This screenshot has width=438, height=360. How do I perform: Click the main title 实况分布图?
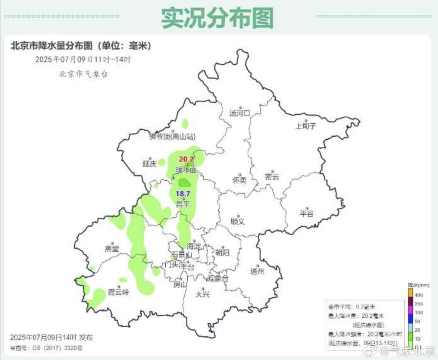tap(218, 17)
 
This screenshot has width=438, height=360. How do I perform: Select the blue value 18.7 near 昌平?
tap(182, 194)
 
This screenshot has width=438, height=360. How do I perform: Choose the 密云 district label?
tap(272, 177)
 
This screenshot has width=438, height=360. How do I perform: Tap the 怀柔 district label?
tap(239, 180)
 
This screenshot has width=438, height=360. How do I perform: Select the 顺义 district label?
tap(238, 222)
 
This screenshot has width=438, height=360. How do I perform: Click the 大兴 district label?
tap(202, 294)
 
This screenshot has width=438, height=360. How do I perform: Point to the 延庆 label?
tap(149, 164)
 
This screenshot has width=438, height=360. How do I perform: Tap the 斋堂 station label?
tap(112, 249)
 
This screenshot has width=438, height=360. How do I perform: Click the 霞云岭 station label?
tap(118, 292)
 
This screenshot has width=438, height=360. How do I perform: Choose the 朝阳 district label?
tap(223, 253)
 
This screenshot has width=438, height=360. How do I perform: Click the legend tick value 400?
tap(419, 294)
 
